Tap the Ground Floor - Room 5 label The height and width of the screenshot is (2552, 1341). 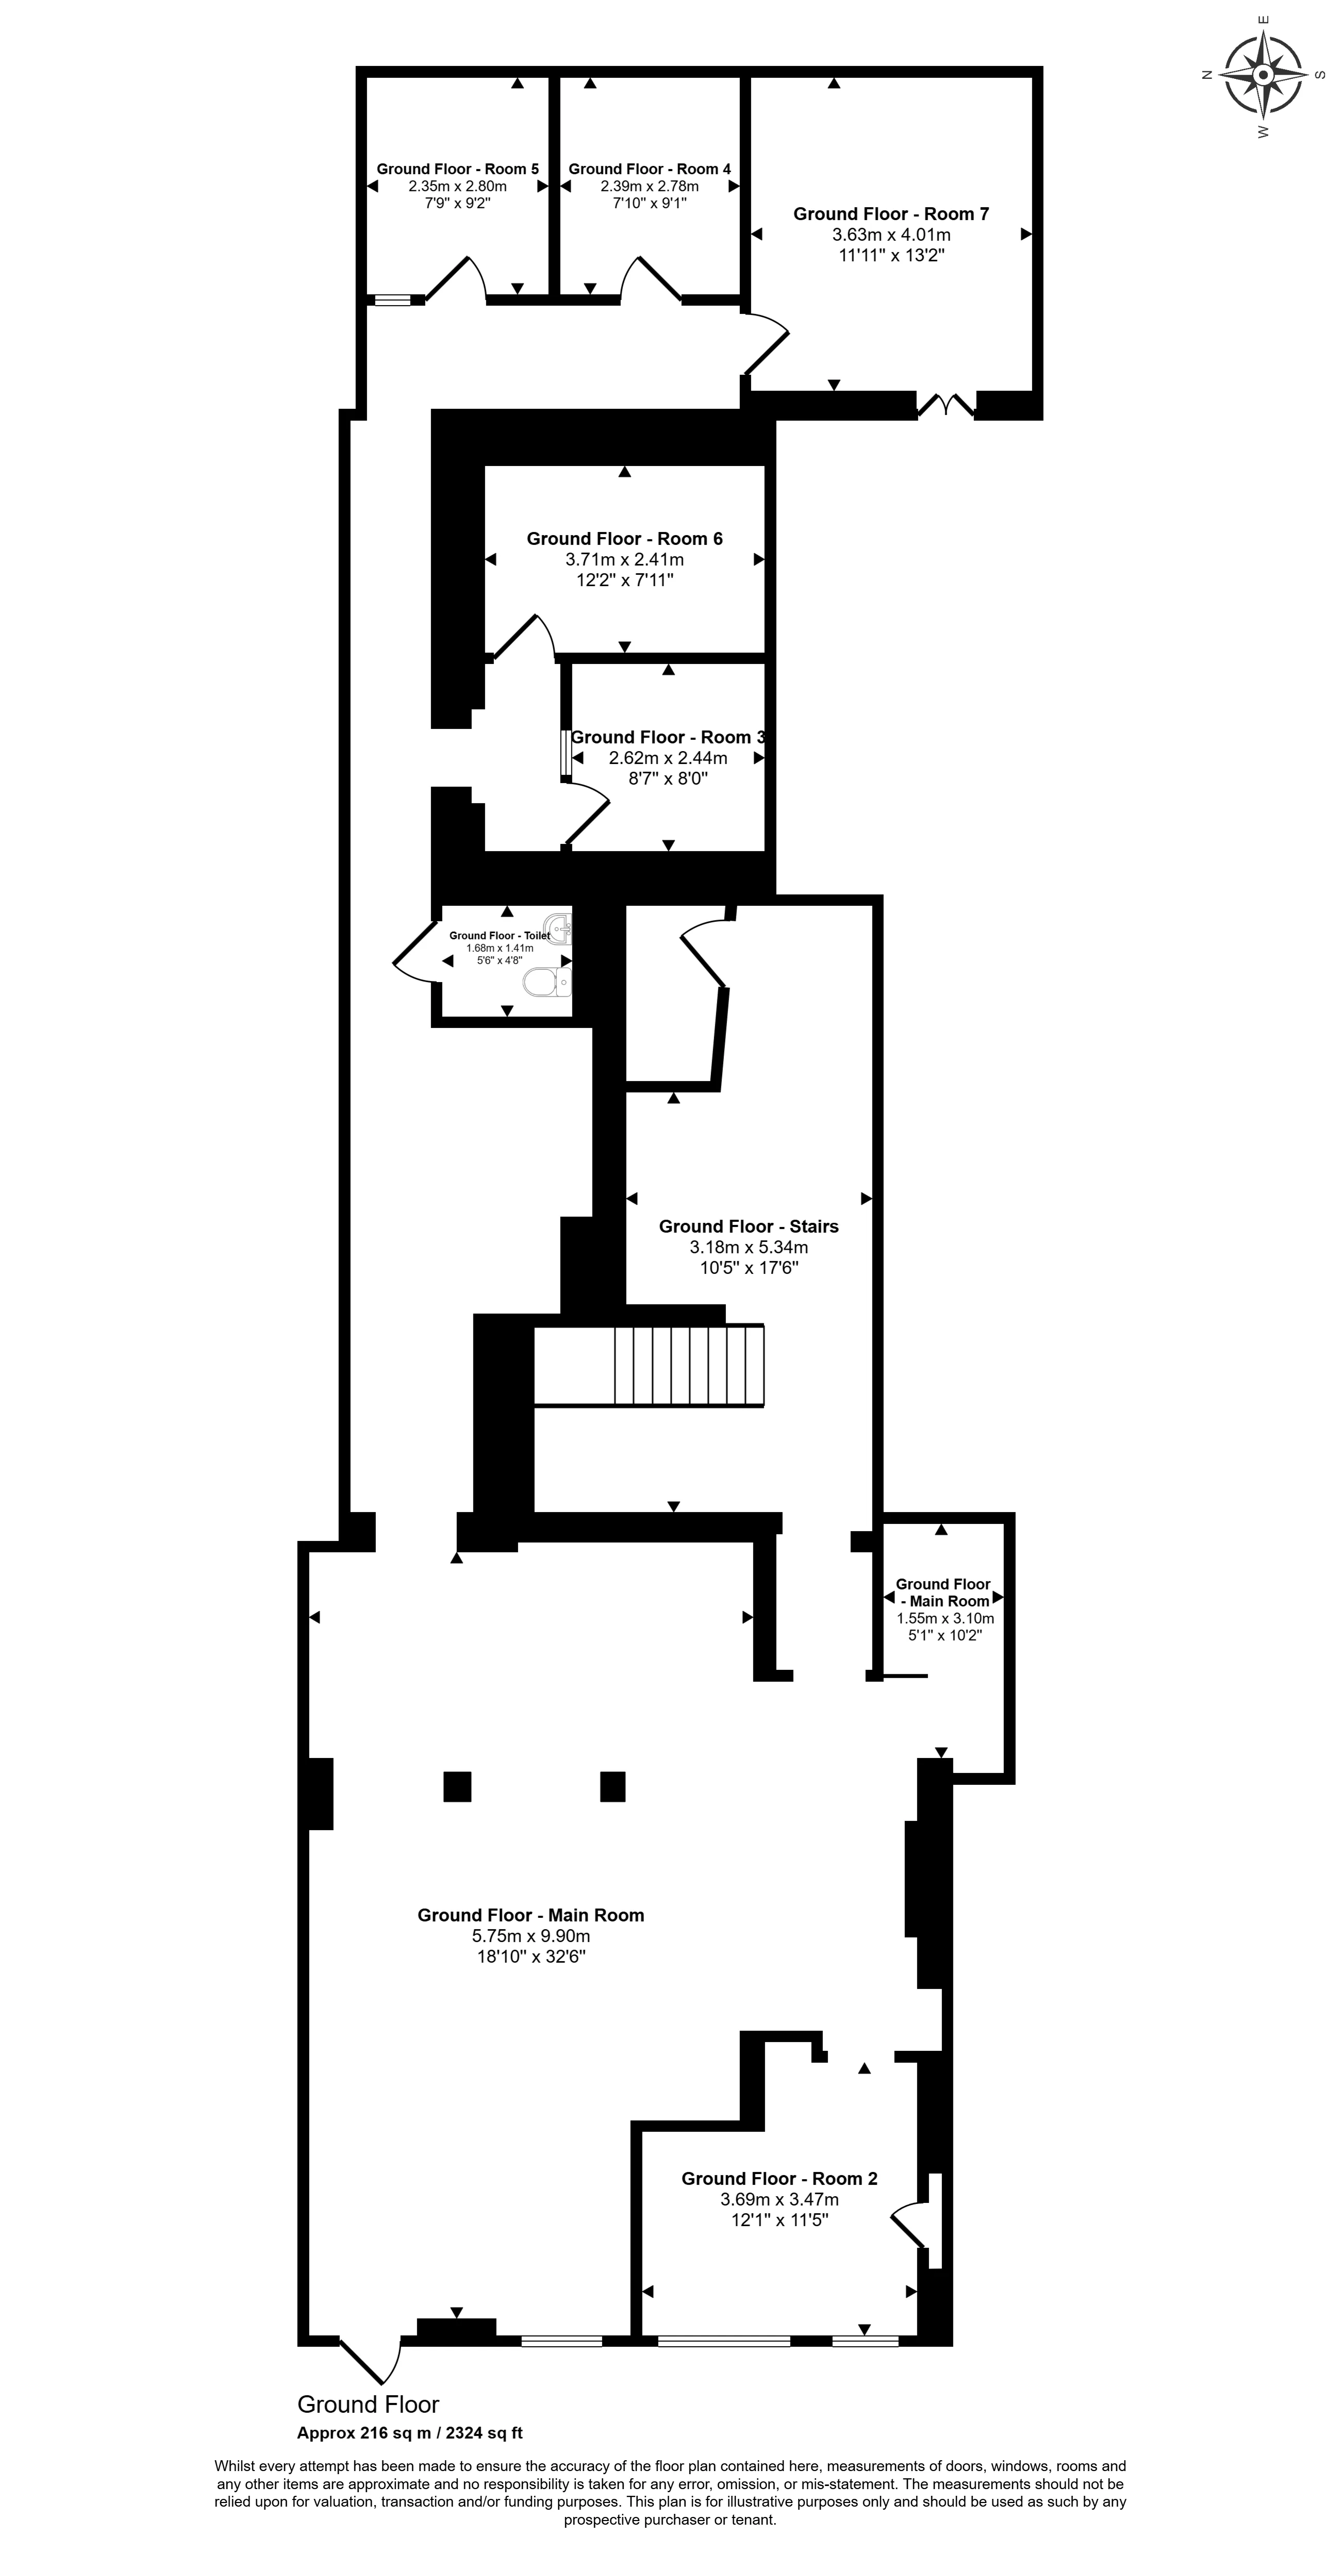pyautogui.click(x=457, y=170)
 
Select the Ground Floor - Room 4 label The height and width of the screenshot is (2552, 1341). pyautogui.click(x=650, y=170)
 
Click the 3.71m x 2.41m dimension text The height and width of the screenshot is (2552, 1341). pyautogui.click(x=625, y=560)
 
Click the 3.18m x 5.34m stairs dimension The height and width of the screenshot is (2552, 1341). pyautogui.click(x=749, y=1247)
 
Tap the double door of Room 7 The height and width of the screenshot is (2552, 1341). pyautogui.click(x=947, y=405)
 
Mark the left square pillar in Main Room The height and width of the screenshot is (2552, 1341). pyautogui.click(x=457, y=1786)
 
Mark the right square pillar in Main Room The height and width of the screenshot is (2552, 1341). pyautogui.click(x=613, y=1786)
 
